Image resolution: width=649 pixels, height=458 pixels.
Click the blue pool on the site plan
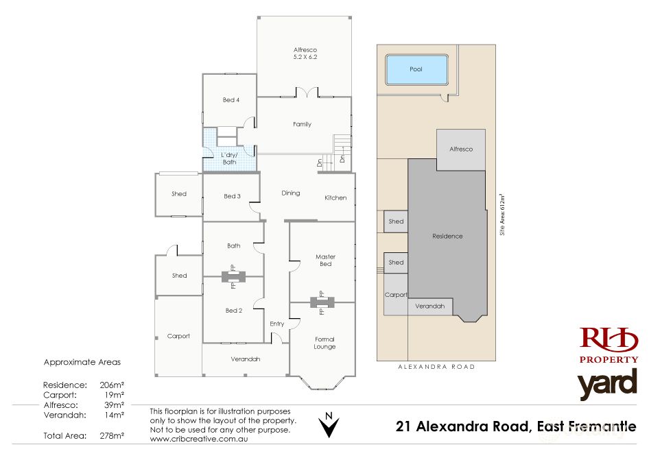coord(416,69)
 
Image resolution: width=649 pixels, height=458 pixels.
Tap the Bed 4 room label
coord(231,100)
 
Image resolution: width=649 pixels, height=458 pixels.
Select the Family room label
coord(302,124)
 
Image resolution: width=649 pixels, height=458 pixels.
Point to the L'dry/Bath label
coord(228,158)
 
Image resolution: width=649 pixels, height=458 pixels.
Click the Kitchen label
coord(335,197)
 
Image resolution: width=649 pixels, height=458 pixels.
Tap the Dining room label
coord(291,193)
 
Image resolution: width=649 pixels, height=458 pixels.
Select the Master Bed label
coord(325,261)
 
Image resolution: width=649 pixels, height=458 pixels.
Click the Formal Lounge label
coord(324,343)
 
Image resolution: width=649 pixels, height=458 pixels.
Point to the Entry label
coord(277,324)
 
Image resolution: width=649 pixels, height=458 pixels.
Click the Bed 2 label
coord(233,311)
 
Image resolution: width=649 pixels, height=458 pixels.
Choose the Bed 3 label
coord(232,196)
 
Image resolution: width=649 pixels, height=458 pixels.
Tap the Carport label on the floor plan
coord(178,336)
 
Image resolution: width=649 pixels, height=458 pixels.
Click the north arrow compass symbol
coord(330,425)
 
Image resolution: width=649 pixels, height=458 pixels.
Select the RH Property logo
coord(609,345)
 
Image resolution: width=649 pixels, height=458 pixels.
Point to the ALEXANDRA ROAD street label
coord(436,367)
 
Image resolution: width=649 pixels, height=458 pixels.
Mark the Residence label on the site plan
coord(447,236)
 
